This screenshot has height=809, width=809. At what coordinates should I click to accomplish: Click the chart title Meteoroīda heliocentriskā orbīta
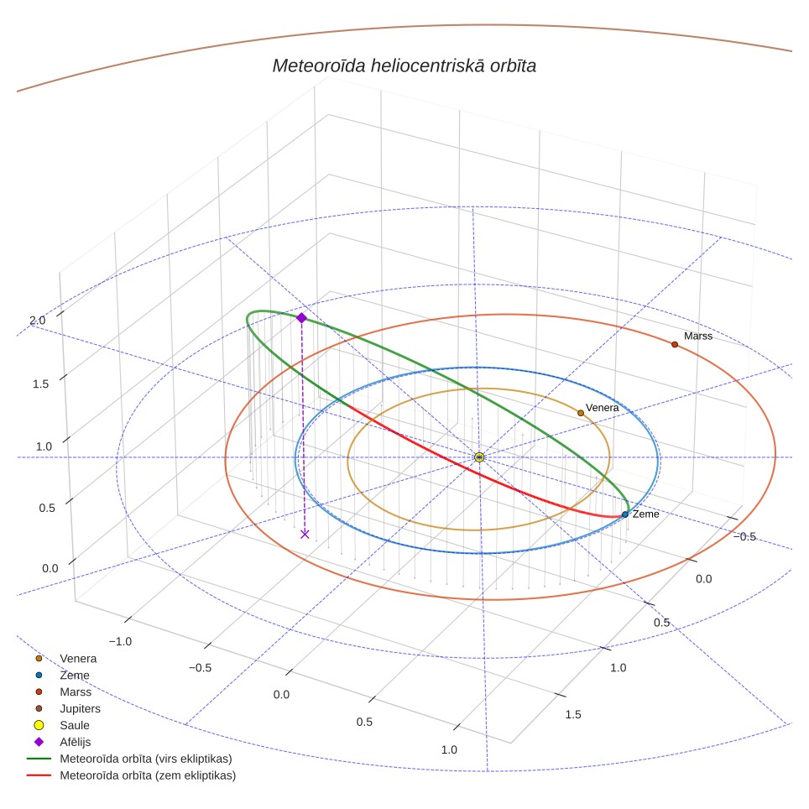pos(404,66)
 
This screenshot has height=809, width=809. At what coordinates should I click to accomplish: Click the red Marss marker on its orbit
pos(675,344)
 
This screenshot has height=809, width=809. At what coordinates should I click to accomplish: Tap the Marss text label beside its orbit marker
pos(698,336)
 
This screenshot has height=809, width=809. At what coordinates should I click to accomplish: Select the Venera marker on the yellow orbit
pos(581,413)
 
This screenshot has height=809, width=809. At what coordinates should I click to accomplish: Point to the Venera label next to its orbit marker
pos(602,408)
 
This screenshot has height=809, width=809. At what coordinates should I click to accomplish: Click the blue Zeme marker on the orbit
pos(625,514)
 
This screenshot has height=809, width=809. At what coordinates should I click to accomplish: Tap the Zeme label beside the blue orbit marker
pos(646,514)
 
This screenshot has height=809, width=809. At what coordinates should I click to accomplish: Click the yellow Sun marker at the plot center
pos(479,457)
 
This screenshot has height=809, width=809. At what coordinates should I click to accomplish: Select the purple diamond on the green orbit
pos(302,318)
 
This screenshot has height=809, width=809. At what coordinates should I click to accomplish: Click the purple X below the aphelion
pos(305,534)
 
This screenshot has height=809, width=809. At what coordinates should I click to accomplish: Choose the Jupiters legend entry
pos(68,708)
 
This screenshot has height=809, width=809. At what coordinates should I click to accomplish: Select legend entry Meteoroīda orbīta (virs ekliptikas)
pos(129,759)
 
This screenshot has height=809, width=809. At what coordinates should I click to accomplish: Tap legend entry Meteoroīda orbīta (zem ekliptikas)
pos(132,775)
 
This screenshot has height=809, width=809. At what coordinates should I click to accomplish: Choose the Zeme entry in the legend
pos(62,675)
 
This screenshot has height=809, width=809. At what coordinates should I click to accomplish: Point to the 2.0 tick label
pos(38,321)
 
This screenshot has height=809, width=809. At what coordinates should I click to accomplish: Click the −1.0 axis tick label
pos(120,641)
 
